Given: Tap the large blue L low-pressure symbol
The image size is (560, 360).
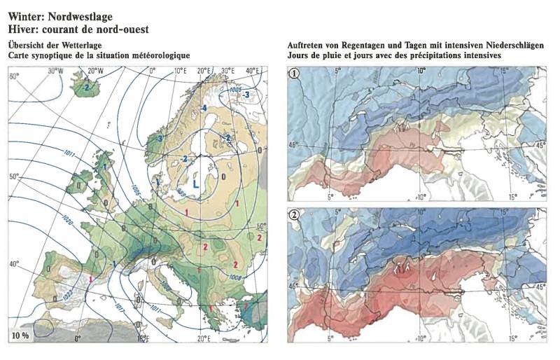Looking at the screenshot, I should point(197,183).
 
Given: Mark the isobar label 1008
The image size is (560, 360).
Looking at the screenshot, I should point(235,277).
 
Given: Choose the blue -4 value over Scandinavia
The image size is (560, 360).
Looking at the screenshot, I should point(203,108).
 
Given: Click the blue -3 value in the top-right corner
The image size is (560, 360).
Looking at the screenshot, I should point(246,94).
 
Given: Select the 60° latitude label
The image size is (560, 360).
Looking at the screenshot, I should point(13,76).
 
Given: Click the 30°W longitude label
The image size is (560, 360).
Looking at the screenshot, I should point(55,71).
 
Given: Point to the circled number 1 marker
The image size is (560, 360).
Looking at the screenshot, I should point(297,72).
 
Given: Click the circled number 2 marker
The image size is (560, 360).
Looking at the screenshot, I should point(297,216).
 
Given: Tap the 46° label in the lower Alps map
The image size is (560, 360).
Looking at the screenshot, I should point(294,286).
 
